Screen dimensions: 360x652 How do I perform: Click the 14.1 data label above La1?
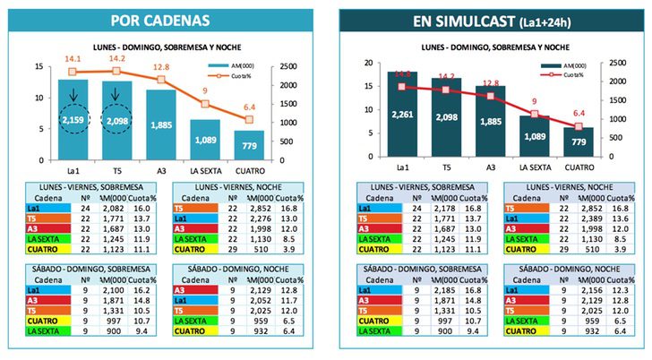pyautogui.click(x=73, y=59)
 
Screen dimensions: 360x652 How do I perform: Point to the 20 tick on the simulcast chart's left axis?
pyautogui.click(x=355, y=64)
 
